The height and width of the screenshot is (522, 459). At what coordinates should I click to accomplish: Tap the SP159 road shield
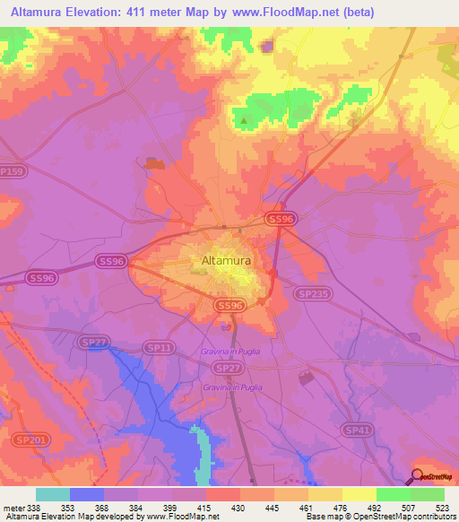(x=12, y=171)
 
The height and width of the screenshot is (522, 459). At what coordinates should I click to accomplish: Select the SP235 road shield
(x=309, y=293)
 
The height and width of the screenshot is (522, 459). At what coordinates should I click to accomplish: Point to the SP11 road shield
(x=158, y=347)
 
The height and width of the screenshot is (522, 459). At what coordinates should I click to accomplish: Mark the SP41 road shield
(x=359, y=431)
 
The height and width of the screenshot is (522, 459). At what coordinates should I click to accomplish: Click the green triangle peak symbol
(x=243, y=120)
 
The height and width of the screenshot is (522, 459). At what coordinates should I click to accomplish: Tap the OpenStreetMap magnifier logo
(x=418, y=475)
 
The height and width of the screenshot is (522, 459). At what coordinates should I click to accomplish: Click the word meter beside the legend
(x=13, y=506)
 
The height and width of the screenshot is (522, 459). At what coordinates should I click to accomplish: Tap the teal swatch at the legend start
(x=53, y=494)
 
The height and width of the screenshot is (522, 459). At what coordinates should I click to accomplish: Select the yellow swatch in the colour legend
(x=359, y=494)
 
